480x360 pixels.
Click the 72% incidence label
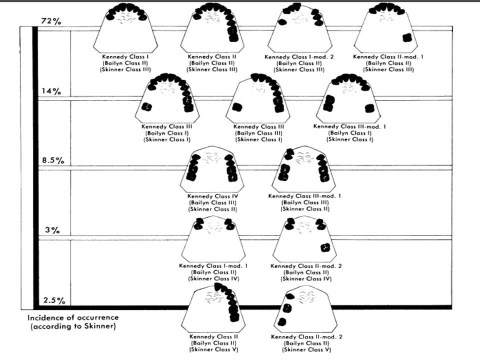tap(51, 21)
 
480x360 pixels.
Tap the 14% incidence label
tap(51, 91)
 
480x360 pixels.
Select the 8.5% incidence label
tap(53, 160)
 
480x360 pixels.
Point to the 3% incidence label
tap(52, 230)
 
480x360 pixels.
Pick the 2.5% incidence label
tap(54, 300)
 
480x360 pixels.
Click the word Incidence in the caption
tap(45, 318)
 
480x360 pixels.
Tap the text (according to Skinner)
tap(73, 326)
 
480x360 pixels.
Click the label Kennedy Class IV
tap(213, 196)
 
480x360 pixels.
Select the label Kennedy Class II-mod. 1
tap(388, 56)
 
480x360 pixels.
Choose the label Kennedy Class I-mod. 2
tap(299, 57)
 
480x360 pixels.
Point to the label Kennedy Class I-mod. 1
tap(213, 266)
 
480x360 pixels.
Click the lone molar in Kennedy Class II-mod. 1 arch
tap(407, 37)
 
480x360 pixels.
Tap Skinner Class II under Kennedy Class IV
tap(213, 209)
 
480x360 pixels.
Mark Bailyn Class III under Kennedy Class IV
tap(213, 202)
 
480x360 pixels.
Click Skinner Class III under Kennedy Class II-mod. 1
tap(388, 69)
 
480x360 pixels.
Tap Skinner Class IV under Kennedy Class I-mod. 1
tap(213, 279)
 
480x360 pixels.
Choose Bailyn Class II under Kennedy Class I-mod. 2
tap(299, 63)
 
